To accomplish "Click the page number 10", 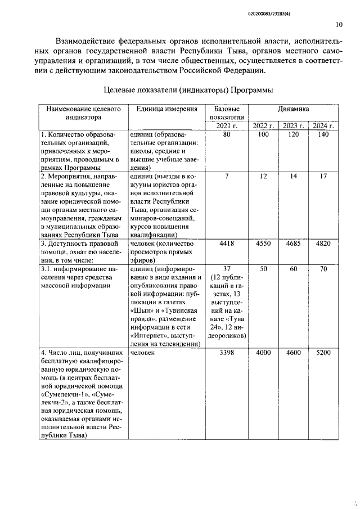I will pyautogui.click(x=339, y=24).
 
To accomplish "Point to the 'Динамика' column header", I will pyautogui.click(x=292, y=109).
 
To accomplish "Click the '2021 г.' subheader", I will pyautogui.click(x=227, y=125).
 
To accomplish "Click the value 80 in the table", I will pyautogui.click(x=227, y=135).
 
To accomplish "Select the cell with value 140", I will pyautogui.click(x=323, y=135).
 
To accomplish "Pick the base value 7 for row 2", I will pyautogui.click(x=227, y=176).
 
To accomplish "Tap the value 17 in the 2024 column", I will pyautogui.click(x=323, y=176).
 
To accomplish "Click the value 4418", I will pyautogui.click(x=227, y=244).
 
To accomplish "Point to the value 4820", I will pyautogui.click(x=323, y=244).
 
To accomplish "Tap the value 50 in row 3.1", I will pyautogui.click(x=263, y=269).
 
